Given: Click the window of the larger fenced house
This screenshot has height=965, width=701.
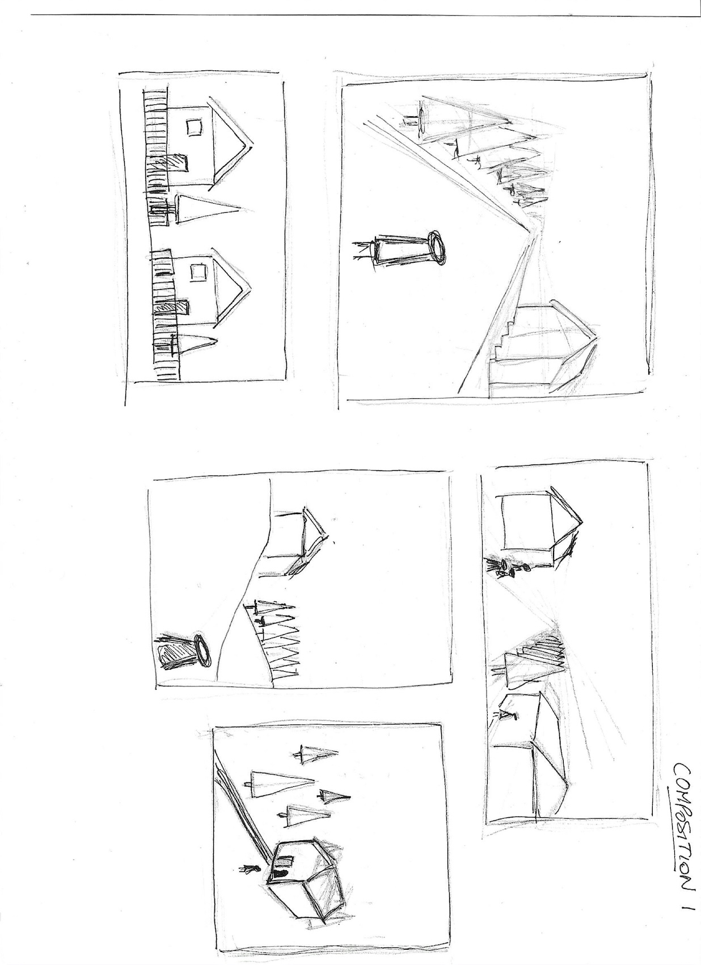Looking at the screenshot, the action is (194, 127).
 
